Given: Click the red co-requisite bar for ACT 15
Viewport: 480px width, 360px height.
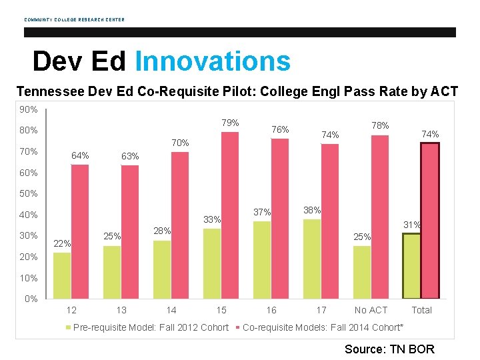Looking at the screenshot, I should (x=230, y=215).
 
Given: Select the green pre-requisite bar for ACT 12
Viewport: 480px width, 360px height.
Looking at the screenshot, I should (x=62, y=275).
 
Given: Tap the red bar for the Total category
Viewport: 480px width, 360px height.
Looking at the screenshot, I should (x=430, y=220).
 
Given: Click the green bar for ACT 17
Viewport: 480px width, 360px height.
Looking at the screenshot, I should (x=312, y=258).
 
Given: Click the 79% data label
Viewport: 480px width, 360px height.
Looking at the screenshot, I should (x=230, y=123).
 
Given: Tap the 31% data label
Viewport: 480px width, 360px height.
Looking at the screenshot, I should (x=412, y=225).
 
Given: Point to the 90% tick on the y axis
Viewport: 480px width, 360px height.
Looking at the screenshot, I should (x=28, y=109).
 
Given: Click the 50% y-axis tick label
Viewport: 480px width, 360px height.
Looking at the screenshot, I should (x=28, y=194).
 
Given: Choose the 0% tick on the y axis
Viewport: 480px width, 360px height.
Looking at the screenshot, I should (x=31, y=299).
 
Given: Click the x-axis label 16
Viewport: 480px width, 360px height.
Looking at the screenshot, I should (x=271, y=310).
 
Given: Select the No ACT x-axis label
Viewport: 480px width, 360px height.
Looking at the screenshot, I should (x=371, y=310).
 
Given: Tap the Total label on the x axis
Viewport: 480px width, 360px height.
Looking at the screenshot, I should (x=421, y=310).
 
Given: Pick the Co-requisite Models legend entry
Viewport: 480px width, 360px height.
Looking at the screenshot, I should (x=323, y=327).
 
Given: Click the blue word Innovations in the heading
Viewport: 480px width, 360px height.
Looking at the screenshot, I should (x=213, y=61).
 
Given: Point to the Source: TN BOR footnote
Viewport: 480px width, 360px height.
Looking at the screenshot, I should (x=389, y=349).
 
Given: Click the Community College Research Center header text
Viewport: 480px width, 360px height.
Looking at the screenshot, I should (x=74, y=19).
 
